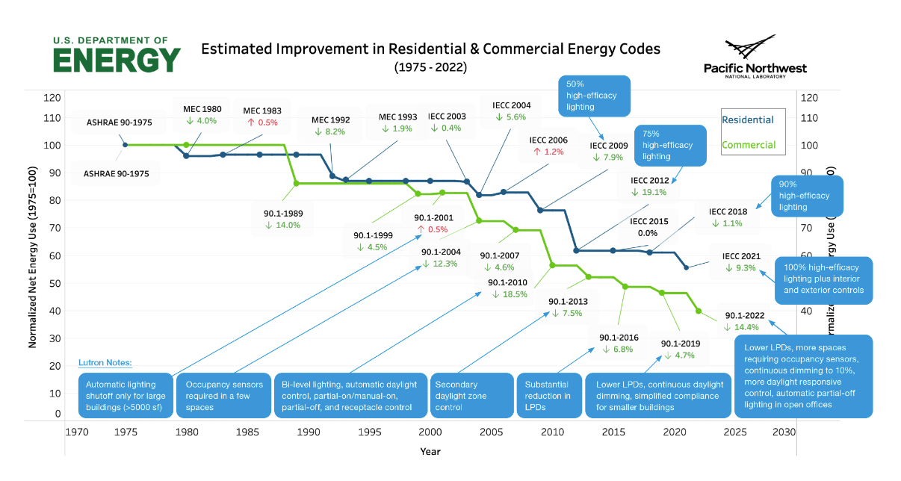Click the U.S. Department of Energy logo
tap(117, 54)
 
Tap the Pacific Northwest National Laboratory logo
tap(755, 57)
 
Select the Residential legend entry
tap(747, 120)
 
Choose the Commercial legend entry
tap(749, 145)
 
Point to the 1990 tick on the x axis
tap(309, 432)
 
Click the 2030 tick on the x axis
tap(783, 432)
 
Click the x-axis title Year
tap(430, 451)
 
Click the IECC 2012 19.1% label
tap(648, 186)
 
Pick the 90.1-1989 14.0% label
tap(282, 219)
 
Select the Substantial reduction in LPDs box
tap(547, 396)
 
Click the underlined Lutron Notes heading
tap(105, 363)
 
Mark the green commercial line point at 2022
tap(699, 311)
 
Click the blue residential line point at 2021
tap(687, 267)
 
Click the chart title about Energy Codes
tap(430, 49)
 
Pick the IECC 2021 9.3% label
tap(741, 262)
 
